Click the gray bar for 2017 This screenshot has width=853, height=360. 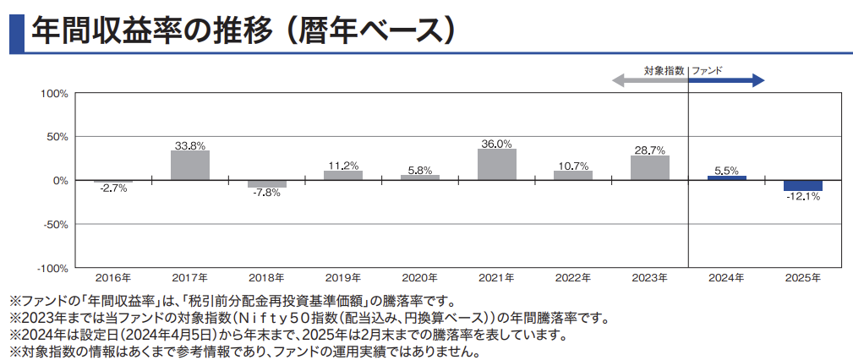point(190,165)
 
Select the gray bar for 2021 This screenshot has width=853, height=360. point(497,164)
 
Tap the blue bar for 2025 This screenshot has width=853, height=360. point(803,186)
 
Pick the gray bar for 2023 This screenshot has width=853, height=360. point(650,167)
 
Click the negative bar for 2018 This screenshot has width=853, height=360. point(267,183)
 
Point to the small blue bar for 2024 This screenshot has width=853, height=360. point(727,177)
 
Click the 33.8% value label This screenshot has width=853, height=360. point(190,145)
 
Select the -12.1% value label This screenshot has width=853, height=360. point(803,197)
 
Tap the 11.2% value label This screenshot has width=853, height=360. point(343,165)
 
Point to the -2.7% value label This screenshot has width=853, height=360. point(113,188)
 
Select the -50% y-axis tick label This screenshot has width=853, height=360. point(54,224)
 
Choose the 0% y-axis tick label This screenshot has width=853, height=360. point(59,180)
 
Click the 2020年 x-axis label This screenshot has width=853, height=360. point(420,277)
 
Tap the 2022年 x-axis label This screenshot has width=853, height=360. point(573,277)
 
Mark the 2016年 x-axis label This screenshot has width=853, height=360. point(113,277)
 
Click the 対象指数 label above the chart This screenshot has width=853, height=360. point(664,72)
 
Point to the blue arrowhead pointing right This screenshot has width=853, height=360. point(758,81)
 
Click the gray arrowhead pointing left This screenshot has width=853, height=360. point(619,81)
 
